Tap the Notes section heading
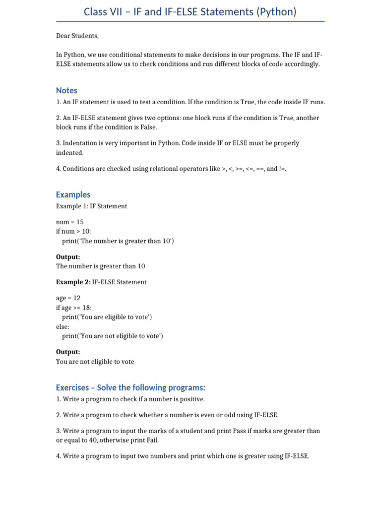(x=66, y=90)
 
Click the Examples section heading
(x=73, y=194)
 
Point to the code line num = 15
(x=70, y=222)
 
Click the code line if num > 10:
(x=73, y=232)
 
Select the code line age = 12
(x=68, y=298)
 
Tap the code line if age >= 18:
(x=74, y=308)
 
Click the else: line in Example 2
(x=63, y=326)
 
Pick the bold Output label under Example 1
(x=68, y=257)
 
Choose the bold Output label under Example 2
(x=68, y=352)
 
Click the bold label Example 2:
(x=73, y=282)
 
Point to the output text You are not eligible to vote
(x=95, y=362)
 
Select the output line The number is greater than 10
(x=101, y=266)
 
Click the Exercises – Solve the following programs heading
(x=130, y=387)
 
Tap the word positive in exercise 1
(x=191, y=399)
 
